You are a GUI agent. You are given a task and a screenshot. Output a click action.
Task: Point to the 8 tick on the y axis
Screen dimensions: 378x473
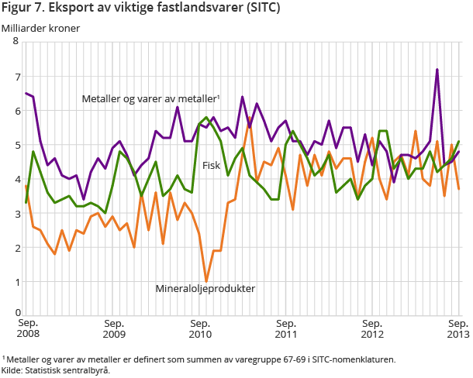(16, 42)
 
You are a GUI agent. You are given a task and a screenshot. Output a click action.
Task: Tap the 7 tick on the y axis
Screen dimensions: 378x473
(16, 77)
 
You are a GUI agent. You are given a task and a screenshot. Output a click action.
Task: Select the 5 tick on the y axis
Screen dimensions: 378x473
(16, 145)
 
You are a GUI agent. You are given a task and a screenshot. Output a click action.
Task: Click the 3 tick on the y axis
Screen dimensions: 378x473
(16, 213)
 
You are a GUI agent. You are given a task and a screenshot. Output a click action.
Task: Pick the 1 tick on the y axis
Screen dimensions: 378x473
(16, 281)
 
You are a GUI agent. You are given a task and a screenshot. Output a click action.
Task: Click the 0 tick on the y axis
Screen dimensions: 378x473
(16, 313)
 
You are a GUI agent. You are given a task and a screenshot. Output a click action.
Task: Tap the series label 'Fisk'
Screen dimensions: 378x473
(212, 165)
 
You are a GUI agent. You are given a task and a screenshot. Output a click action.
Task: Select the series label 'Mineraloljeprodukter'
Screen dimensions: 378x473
(205, 289)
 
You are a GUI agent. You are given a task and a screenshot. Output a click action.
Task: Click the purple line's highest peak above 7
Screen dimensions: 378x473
(437, 70)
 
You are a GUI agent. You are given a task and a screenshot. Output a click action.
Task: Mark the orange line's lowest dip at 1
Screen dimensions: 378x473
(206, 281)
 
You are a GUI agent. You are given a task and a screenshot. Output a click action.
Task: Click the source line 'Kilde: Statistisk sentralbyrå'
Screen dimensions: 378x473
(56, 370)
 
